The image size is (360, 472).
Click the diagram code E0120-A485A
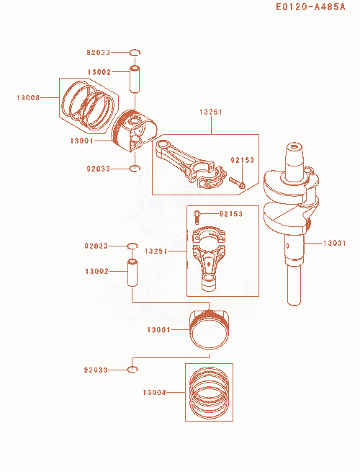point(310,6)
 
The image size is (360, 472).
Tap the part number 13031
point(334,243)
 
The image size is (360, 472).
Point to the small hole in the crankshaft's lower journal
point(288,246)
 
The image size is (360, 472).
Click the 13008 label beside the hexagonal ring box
point(28,97)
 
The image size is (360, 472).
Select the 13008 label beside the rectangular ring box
point(154,392)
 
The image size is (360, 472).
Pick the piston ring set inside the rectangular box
point(209,392)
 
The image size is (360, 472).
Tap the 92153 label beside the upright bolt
point(230,214)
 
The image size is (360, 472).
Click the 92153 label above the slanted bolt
point(242,160)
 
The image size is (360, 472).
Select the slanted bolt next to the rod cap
point(238,182)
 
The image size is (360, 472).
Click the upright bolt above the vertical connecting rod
point(197,218)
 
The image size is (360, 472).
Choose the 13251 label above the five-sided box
point(211,112)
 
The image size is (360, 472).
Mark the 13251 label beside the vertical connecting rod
point(156,251)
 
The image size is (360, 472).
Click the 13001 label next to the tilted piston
point(81,141)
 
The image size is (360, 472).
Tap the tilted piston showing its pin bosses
point(135,130)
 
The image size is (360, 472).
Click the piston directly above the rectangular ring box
point(209,329)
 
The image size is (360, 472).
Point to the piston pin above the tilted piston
point(135,79)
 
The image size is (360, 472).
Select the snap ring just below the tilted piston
point(135,169)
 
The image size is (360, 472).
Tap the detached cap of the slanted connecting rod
point(212,179)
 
